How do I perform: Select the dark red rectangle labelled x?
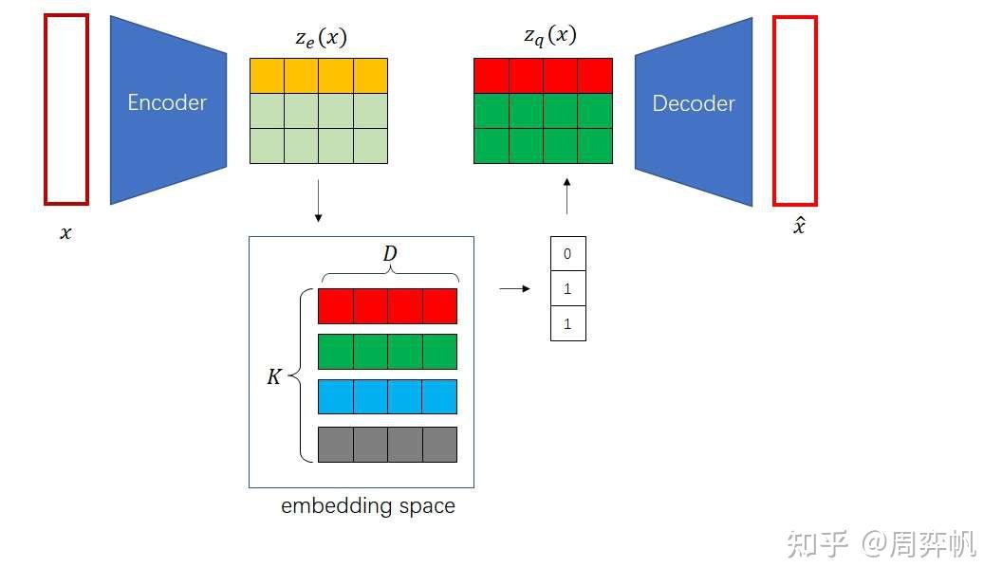pos(66,109)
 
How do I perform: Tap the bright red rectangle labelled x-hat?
pos(794,110)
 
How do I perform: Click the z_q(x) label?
pos(549,36)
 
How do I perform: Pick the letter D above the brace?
pos(389,254)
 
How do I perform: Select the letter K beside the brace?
pos(273,376)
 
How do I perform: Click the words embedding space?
pos(367,505)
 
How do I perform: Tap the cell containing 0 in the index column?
pos(567,254)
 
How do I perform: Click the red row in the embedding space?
pos(387,306)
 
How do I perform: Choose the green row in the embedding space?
pos(387,352)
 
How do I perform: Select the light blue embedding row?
pos(387,396)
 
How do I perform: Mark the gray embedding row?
pos(387,444)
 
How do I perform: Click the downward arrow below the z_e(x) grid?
pos(318,205)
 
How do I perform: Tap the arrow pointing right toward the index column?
pos(514,288)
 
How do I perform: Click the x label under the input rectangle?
pos(65,233)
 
